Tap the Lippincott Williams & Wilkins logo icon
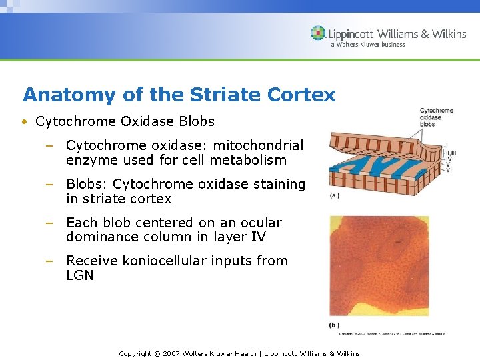[319, 33]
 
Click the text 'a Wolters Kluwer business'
[367, 45]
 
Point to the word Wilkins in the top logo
[447, 33]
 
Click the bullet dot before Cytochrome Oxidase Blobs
[24, 122]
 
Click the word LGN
[80, 275]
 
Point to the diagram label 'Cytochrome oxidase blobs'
[436, 117]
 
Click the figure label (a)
[335, 195]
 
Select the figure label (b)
[335, 325]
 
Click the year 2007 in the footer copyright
[173, 353]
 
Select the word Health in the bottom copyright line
[245, 353]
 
